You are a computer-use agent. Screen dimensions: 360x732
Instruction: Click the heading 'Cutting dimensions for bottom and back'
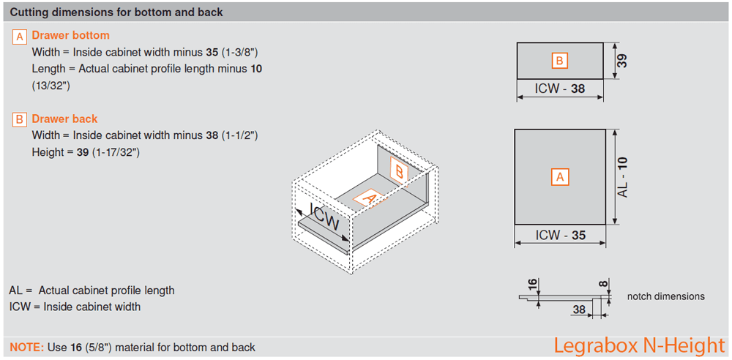[116, 12]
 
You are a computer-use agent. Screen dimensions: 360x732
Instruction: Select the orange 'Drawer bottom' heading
[70, 35]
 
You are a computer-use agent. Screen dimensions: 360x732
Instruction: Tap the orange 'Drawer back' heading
[64, 119]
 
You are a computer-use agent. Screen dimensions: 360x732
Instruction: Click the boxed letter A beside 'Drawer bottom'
[20, 37]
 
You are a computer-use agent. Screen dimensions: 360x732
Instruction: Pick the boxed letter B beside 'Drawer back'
[20, 120]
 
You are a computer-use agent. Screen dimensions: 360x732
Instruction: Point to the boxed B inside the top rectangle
[559, 61]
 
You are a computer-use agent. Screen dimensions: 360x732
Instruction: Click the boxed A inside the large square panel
[560, 177]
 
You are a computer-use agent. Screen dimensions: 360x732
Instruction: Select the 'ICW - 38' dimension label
[560, 89]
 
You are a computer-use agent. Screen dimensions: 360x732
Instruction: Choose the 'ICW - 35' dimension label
[560, 236]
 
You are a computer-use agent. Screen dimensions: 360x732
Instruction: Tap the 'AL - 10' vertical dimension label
[623, 177]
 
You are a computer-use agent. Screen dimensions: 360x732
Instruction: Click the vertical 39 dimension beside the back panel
[622, 61]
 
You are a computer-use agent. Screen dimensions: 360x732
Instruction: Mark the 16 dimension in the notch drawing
[532, 284]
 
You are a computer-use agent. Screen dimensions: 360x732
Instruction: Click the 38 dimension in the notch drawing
[579, 310]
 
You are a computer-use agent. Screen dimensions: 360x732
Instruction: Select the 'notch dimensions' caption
[665, 296]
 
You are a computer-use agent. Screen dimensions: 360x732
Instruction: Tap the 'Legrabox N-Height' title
[638, 345]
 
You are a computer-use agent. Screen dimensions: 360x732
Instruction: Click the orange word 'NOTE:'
[26, 347]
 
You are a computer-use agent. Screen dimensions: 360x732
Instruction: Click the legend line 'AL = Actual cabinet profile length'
[91, 290]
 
